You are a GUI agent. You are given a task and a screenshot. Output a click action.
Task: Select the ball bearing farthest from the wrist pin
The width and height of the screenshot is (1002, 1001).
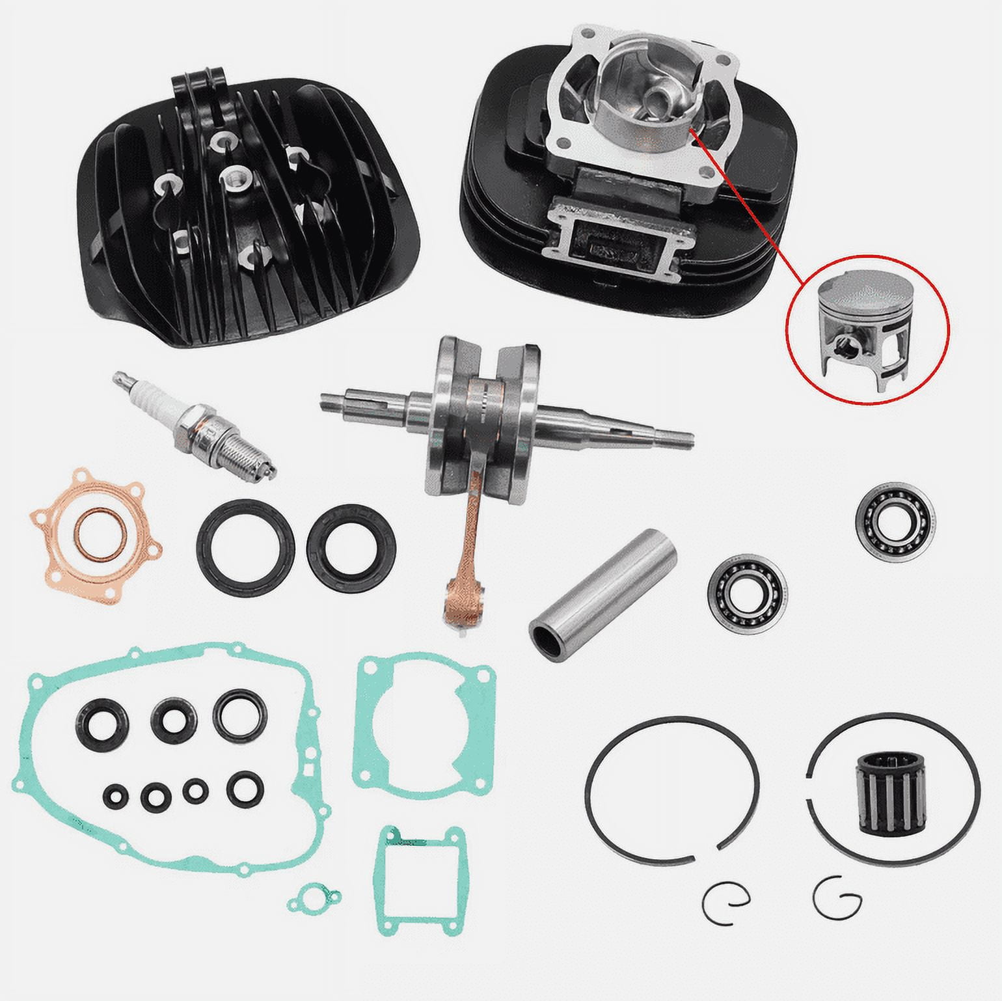[x=895, y=518]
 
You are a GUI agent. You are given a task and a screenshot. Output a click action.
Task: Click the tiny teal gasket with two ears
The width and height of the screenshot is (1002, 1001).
[x=313, y=899]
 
